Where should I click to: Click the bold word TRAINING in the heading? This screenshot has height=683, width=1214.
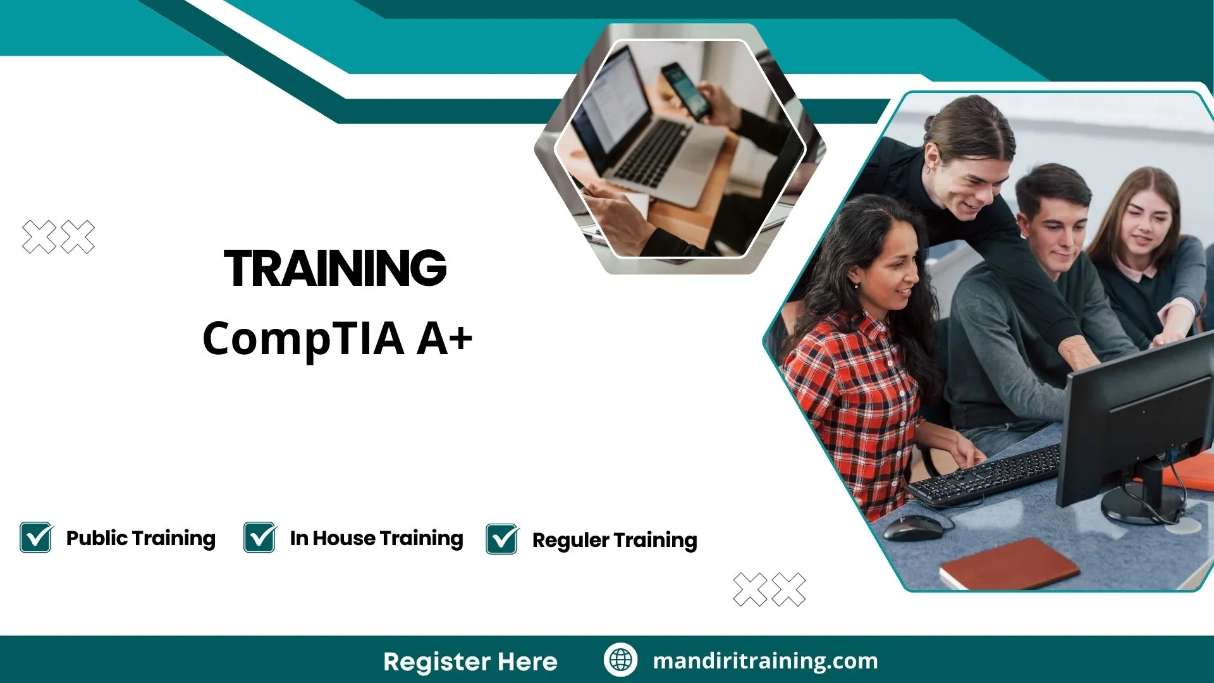pyautogui.click(x=336, y=268)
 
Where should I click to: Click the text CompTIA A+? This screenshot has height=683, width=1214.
pyautogui.click(x=337, y=338)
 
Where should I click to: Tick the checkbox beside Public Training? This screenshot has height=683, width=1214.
pyautogui.click(x=36, y=538)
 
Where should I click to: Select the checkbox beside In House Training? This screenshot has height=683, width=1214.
pyautogui.click(x=260, y=538)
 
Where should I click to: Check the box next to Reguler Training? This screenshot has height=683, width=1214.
pyautogui.click(x=502, y=539)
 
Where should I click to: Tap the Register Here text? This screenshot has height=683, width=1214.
pyautogui.click(x=470, y=661)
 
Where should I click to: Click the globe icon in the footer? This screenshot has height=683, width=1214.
pyautogui.click(x=620, y=660)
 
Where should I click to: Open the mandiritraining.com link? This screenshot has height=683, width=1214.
pyautogui.click(x=765, y=661)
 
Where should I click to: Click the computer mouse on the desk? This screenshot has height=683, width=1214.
pyautogui.click(x=913, y=527)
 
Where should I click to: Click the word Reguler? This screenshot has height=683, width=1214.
pyautogui.click(x=570, y=541)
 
